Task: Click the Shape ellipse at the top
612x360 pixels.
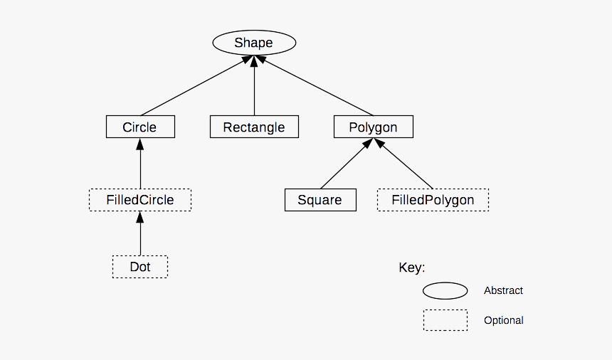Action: click(254, 43)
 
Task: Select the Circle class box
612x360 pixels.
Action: click(140, 127)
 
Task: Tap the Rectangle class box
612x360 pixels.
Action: click(254, 127)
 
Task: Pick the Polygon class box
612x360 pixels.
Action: click(373, 127)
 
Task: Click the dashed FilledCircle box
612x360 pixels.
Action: click(140, 200)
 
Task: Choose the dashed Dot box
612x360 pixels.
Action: click(140, 267)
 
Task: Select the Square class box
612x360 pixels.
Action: click(320, 200)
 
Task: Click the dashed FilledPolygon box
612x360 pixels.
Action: click(433, 200)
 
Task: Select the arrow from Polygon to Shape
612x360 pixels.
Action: click(317, 88)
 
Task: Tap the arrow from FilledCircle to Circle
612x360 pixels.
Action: click(140, 164)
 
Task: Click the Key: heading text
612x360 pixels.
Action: click(411, 268)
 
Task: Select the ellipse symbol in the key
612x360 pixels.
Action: click(445, 290)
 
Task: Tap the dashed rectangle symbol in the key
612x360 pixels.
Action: click(445, 320)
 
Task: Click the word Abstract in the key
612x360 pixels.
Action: click(503, 290)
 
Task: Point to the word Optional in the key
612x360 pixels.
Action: click(503, 320)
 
